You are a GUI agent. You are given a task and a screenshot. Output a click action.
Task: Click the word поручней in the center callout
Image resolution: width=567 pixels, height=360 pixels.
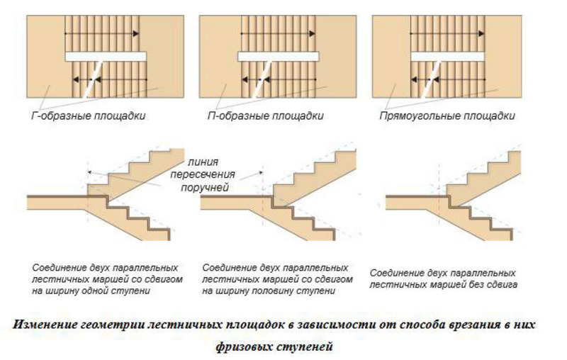coord(205,188)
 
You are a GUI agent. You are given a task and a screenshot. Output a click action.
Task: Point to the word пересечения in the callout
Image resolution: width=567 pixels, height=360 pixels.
coord(203,175)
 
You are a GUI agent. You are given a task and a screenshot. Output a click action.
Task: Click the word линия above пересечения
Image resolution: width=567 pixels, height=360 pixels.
coord(203,162)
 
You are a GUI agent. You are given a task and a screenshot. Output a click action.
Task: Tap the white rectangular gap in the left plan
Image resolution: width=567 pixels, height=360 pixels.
coord(106,57)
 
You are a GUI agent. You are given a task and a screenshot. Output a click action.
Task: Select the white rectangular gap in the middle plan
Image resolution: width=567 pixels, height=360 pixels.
coord(279,57)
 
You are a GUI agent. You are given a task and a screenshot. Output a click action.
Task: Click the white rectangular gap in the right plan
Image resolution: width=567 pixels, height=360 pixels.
coord(448,57)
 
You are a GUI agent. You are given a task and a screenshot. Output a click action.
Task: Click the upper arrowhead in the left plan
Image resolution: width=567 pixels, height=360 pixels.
coord(135,33)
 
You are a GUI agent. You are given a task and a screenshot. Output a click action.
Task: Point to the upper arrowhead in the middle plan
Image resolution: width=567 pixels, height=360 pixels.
coord(312,33)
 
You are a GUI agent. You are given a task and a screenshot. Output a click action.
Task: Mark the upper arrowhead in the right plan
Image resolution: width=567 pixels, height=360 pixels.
coord(481,33)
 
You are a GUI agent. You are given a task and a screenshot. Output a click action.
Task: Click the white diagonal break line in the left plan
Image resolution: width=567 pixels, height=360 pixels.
coord(94,79)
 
